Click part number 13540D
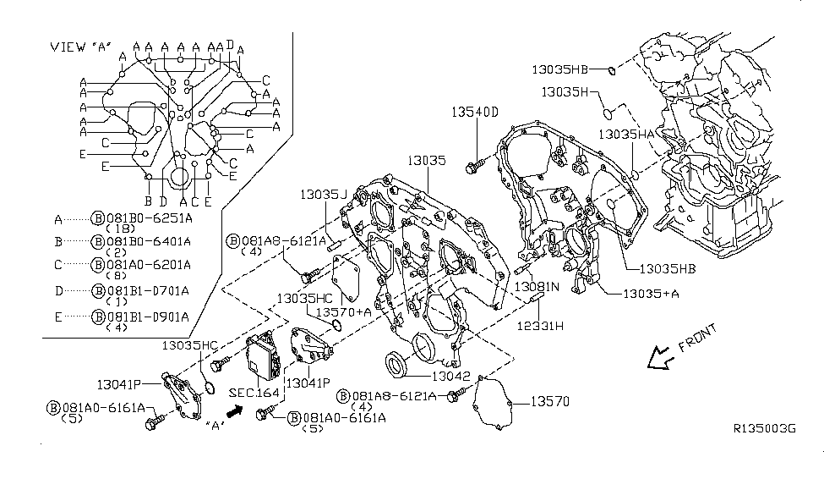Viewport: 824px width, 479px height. (x=474, y=112)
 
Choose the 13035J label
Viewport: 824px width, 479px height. (x=323, y=195)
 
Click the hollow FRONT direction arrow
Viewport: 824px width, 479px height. (x=659, y=359)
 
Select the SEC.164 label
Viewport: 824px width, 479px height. (x=254, y=393)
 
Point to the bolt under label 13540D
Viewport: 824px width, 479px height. (x=473, y=166)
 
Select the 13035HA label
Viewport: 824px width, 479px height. (x=627, y=134)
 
